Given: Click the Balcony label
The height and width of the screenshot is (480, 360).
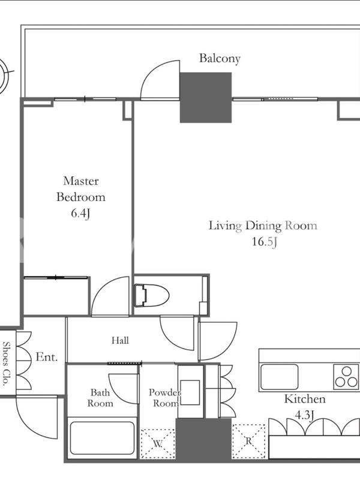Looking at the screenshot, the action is tap(220, 58).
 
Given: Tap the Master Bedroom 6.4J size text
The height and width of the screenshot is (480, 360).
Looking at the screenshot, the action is tap(80, 213).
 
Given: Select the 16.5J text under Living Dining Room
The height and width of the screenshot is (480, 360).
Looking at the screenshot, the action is tap(265, 242).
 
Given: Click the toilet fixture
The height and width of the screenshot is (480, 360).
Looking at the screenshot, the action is tap(152, 295).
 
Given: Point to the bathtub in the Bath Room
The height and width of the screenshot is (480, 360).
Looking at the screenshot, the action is tap(102, 438).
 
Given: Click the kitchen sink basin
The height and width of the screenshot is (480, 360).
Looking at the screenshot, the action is tap(279, 377).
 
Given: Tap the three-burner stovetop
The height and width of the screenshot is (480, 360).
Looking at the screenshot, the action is tap(346, 377).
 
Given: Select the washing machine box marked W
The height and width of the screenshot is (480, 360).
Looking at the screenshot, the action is tap(157, 443).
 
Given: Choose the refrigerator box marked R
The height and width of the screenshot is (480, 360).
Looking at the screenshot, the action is tap(248, 441).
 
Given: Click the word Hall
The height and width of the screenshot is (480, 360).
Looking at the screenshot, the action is tap(120, 340).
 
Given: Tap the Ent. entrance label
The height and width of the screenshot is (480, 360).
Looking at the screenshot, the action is tap(47, 356).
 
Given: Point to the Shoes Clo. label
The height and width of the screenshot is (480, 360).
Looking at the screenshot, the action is tap(6, 364).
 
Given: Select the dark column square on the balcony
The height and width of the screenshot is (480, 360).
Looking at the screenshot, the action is tap(205, 97).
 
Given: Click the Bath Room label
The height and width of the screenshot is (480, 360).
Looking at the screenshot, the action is tap(100, 398).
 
